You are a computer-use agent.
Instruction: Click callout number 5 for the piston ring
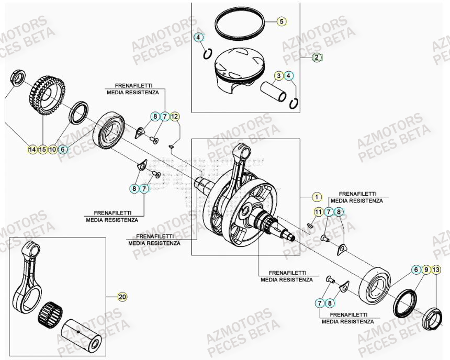coord(281,21)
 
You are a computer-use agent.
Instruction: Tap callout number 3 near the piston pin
coord(279,76)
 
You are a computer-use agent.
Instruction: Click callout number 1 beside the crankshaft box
coord(316,197)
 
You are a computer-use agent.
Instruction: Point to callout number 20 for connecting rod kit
coord(122,297)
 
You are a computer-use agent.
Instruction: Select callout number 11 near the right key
coord(318,212)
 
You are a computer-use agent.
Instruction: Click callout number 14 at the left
coord(32,150)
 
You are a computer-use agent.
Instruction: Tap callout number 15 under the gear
coord(42,150)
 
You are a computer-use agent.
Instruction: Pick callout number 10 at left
coord(52,150)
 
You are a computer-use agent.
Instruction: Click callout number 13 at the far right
coord(437,270)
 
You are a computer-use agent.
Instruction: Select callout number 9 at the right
coord(426,270)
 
